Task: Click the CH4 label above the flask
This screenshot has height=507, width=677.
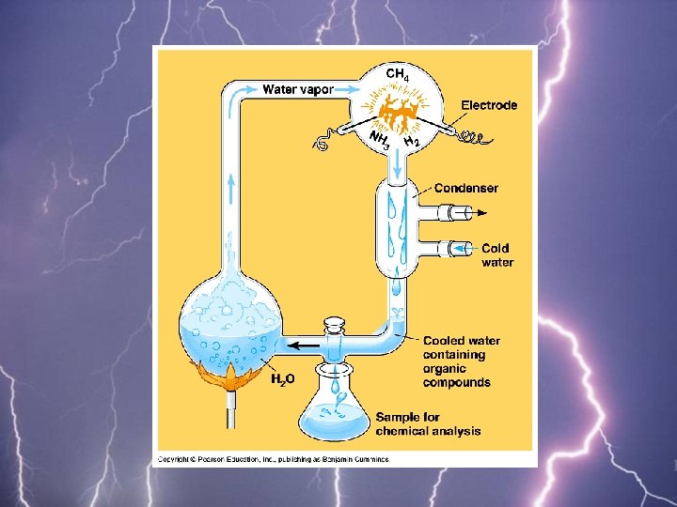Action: point(398,74)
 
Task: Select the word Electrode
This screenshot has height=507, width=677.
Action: point(488,105)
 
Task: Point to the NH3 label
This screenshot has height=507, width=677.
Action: point(380,142)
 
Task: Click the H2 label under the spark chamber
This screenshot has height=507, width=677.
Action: point(411,140)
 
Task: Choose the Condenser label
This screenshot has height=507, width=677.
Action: point(466,188)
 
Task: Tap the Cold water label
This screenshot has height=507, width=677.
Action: point(497,255)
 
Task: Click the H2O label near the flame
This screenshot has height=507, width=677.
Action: point(283,379)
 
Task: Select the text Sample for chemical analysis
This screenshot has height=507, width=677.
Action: point(428,423)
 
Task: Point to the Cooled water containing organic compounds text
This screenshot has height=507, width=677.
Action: point(461,361)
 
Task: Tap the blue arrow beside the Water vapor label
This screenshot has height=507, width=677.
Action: point(244,90)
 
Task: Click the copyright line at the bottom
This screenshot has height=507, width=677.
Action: point(272,459)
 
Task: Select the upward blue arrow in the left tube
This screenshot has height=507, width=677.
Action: point(231,184)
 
